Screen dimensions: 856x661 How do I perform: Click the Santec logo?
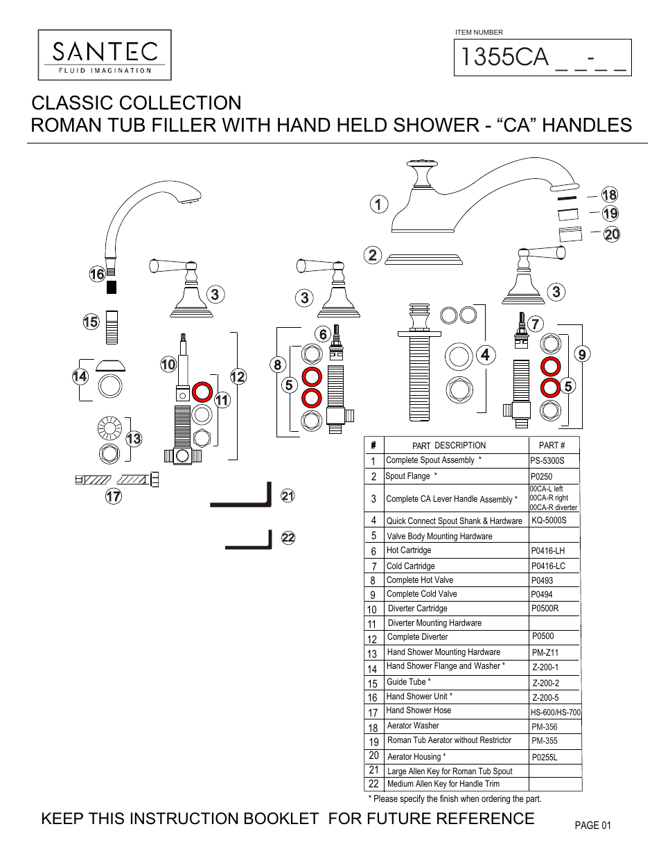click(x=105, y=55)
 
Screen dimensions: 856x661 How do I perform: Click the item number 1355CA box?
click(x=543, y=58)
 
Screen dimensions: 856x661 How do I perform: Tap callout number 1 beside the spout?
click(x=378, y=204)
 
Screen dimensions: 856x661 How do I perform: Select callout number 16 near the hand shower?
click(x=97, y=274)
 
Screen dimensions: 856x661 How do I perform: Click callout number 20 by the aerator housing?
click(x=612, y=234)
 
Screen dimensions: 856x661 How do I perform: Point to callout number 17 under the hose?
click(x=114, y=496)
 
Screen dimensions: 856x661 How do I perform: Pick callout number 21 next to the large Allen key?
click(x=288, y=496)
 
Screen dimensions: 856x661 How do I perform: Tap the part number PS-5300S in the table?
click(x=547, y=461)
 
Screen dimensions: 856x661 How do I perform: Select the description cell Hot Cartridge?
click(x=409, y=550)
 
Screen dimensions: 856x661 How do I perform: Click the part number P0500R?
click(x=545, y=609)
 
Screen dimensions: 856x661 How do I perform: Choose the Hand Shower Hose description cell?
click(x=418, y=710)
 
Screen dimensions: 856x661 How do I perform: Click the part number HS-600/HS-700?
click(x=555, y=713)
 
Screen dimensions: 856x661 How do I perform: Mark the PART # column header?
click(x=552, y=446)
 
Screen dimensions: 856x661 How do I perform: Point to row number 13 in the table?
click(x=372, y=654)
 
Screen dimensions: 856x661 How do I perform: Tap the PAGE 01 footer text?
click(x=592, y=826)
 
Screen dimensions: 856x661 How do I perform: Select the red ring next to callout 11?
click(x=202, y=392)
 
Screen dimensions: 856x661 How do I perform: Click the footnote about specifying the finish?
click(x=455, y=798)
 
